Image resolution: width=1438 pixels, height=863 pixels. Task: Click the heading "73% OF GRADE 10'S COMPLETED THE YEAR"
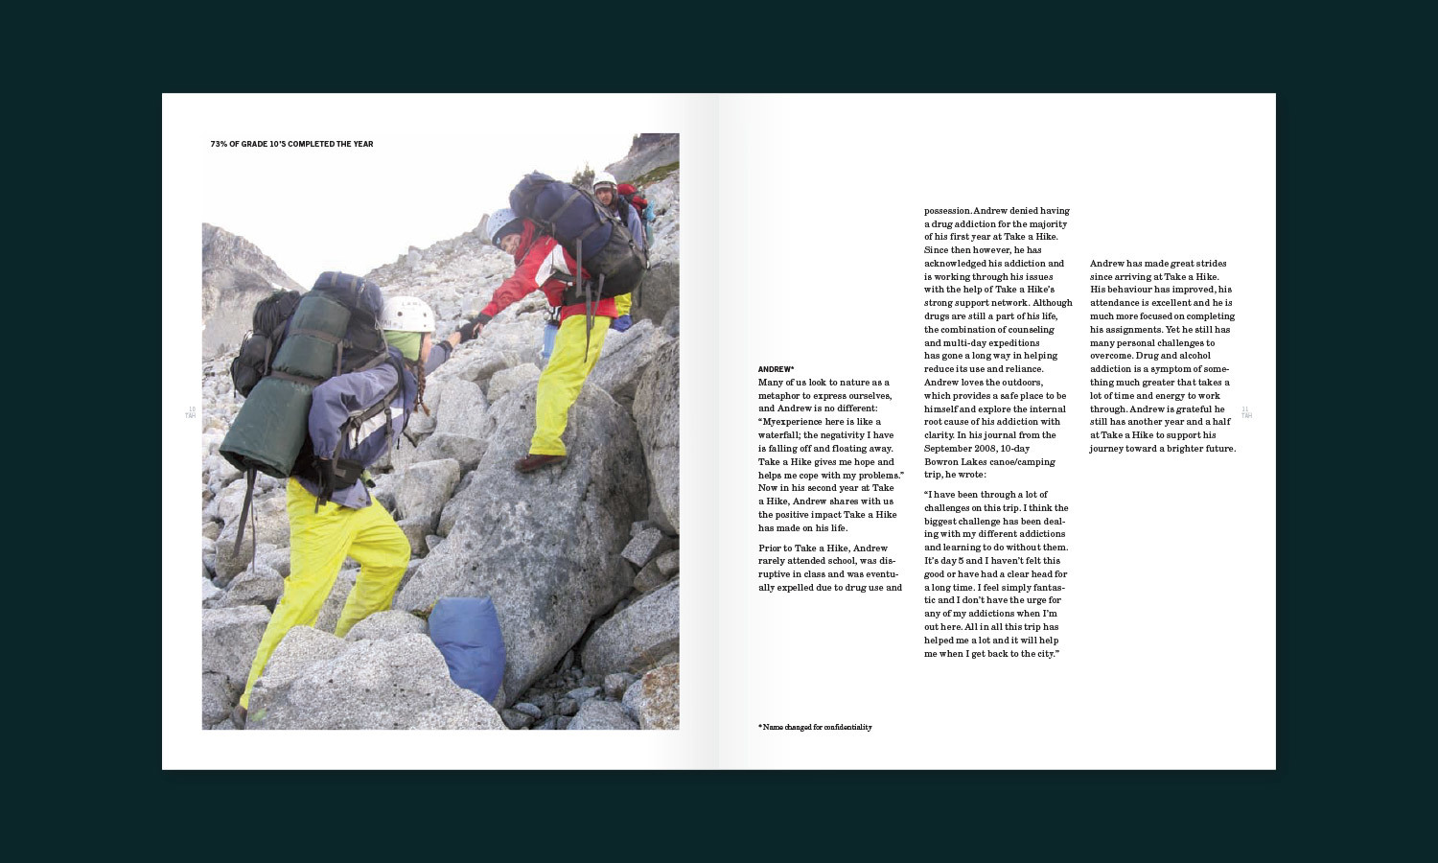pyautogui.click(x=291, y=144)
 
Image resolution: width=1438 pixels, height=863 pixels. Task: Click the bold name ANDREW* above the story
pyautogui.click(x=776, y=369)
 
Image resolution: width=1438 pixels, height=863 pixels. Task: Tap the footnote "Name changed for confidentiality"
pyautogui.click(x=817, y=727)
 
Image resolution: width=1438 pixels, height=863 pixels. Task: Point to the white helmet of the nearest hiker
pyautogui.click(x=407, y=313)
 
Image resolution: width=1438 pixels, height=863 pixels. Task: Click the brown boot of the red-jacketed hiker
pyautogui.click(x=540, y=462)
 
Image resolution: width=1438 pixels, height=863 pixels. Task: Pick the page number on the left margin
pyautogui.click(x=191, y=412)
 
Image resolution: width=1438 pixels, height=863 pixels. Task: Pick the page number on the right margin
pyautogui.click(x=1245, y=412)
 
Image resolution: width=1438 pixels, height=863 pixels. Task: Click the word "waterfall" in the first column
pyautogui.click(x=777, y=434)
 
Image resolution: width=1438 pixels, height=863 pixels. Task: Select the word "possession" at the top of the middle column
pyautogui.click(x=947, y=211)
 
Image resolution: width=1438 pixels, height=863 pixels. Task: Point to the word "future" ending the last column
pyautogui.click(x=1218, y=448)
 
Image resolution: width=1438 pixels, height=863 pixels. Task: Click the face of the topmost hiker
pyautogui.click(x=606, y=191)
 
